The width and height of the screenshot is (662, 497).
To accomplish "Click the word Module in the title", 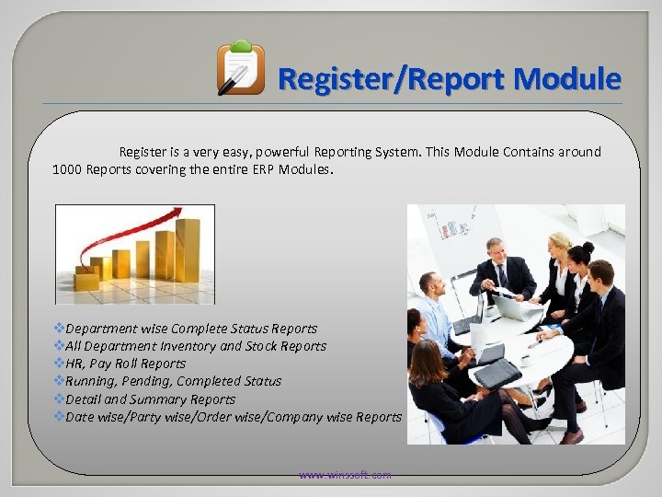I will tap(567, 79).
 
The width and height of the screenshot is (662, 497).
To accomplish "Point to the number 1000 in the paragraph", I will tap(67, 169).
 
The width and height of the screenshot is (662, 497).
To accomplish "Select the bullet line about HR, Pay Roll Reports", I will tap(125, 364).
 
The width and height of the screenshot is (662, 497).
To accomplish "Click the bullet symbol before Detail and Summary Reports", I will tap(59, 399).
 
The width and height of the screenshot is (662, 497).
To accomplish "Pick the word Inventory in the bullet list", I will tap(183, 346).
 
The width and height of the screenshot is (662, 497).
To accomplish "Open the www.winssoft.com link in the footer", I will tap(345, 475).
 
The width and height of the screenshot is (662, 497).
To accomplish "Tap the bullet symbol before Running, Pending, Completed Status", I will tap(59, 381).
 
